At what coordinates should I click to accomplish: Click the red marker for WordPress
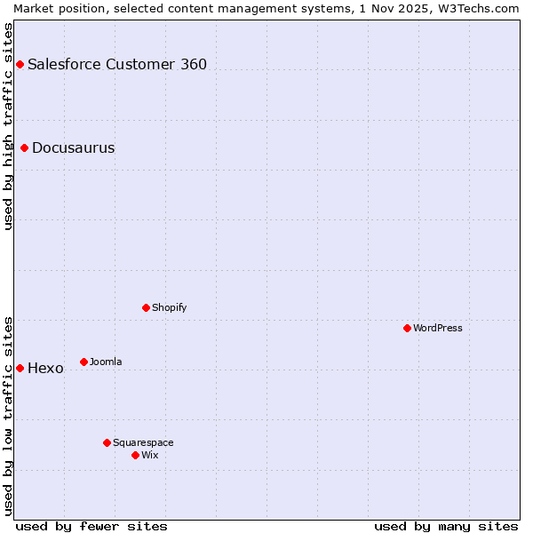[407, 328]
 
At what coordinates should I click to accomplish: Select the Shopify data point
[146, 307]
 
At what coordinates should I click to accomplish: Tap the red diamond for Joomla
[84, 362]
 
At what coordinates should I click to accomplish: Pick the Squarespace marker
[107, 442]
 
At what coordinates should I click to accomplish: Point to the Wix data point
[135, 455]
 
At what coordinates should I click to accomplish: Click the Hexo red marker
[20, 368]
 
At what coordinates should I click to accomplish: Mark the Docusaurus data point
[24, 147]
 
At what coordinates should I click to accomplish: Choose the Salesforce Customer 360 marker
[20, 64]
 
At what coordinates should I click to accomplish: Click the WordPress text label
[438, 328]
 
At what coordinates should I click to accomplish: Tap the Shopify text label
[170, 307]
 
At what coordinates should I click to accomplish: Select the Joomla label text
[106, 362]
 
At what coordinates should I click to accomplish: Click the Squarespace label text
[143, 442]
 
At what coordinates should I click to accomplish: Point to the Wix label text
[150, 455]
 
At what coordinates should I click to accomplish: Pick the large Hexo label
[45, 368]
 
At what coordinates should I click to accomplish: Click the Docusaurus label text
[73, 147]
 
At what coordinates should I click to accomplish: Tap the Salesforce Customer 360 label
[117, 64]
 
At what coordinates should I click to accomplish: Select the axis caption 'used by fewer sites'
[91, 526]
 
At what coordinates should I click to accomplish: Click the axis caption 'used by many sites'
[446, 526]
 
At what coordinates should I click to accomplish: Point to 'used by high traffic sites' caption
[8, 126]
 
